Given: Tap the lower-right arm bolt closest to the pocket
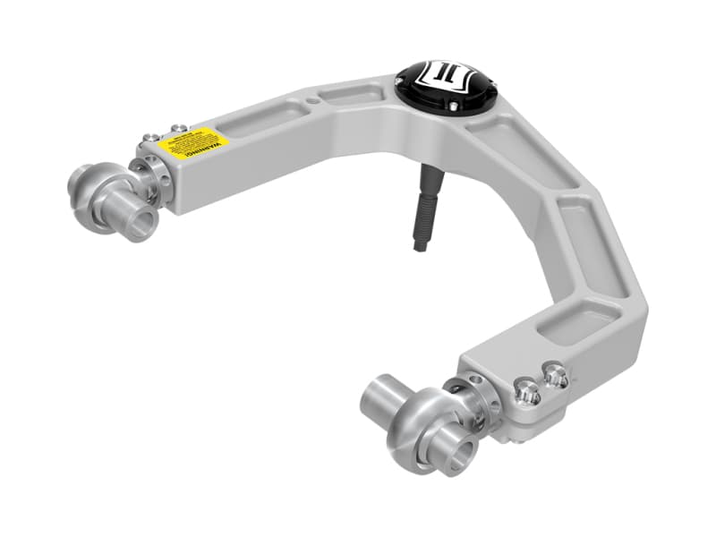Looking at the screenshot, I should pos(555,374).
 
